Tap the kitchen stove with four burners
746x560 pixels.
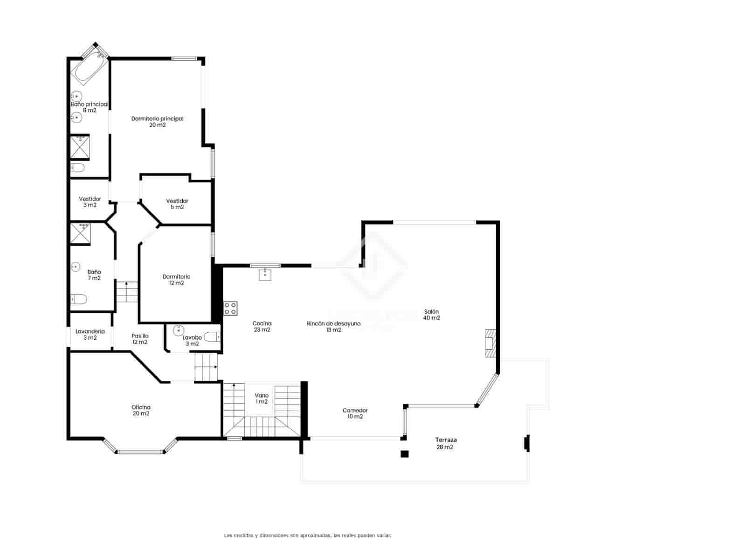230,308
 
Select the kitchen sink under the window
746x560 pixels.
265,274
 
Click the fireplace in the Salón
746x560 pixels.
490,343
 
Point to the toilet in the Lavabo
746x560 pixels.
213,336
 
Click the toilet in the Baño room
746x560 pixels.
79,299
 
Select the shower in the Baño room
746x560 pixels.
80,234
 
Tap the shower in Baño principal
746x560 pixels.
80,147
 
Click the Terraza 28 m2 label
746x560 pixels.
446,443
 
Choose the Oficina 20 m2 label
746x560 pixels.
141,410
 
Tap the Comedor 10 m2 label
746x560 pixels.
355,413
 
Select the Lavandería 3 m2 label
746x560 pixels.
90,334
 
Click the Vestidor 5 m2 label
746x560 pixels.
177,204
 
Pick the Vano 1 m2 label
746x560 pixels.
262,399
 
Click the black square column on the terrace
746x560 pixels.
405,454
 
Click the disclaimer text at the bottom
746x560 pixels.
308,536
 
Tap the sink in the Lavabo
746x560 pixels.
178,330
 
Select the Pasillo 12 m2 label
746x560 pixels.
140,339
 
